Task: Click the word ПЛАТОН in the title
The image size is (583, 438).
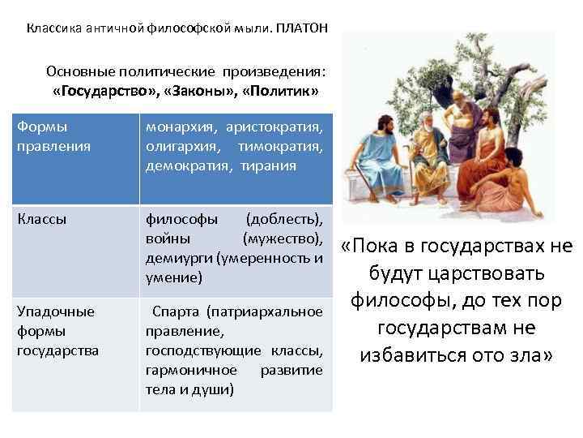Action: click(x=300, y=28)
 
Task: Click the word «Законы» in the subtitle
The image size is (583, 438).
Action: click(x=193, y=90)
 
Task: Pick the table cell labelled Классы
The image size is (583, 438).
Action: click(x=39, y=218)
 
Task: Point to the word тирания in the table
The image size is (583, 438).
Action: click(x=268, y=165)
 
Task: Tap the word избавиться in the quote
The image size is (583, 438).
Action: click(x=410, y=355)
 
